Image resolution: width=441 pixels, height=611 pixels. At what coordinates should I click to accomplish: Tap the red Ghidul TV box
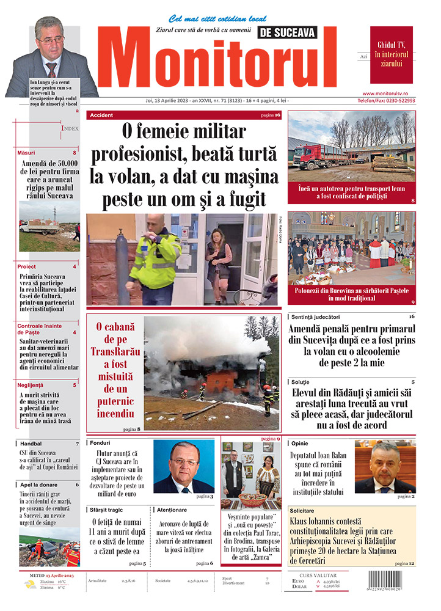coord(391,54)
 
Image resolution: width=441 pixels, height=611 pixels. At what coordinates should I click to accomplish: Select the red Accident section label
coord(101,115)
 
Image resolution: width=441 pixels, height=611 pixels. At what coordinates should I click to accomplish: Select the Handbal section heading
coord(30,444)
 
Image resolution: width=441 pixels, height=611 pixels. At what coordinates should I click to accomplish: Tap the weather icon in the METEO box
coord(29,585)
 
